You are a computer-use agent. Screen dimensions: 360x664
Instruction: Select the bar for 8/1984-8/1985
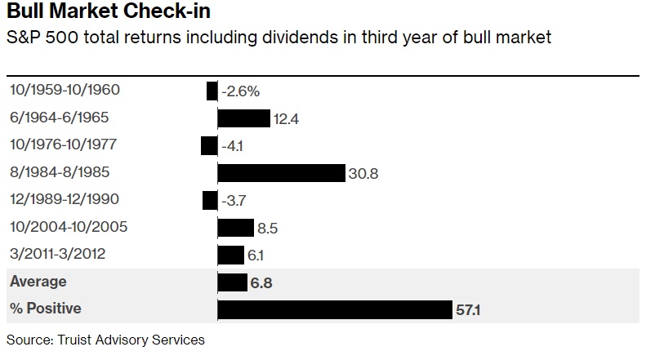tap(281, 173)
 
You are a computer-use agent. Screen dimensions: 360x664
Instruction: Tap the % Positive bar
tap(335, 309)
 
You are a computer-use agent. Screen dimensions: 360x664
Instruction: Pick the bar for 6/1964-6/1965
tap(243, 118)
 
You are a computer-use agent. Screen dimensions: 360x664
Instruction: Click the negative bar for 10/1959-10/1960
tap(212, 91)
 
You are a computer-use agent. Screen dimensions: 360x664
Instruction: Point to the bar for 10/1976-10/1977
tap(209, 145)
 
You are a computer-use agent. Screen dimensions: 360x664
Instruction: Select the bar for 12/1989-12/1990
tap(210, 200)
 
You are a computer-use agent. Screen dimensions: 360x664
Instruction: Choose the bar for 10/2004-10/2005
tap(236, 227)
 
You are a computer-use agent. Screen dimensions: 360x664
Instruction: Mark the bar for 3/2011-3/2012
tap(231, 255)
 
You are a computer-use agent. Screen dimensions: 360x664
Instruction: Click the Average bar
tap(232, 282)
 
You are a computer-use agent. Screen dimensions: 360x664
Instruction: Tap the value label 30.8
tap(363, 174)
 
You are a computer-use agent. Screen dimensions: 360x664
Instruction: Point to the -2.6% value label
tap(241, 91)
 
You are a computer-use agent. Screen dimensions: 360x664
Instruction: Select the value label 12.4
tap(286, 119)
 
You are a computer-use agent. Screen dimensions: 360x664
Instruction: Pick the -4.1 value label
tap(234, 146)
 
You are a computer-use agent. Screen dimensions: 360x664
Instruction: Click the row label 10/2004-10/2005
tap(69, 227)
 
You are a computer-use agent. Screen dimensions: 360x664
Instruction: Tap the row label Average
tap(38, 282)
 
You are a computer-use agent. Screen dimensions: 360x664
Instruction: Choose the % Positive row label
tap(46, 309)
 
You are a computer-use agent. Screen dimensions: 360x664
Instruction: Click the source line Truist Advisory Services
tap(105, 340)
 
